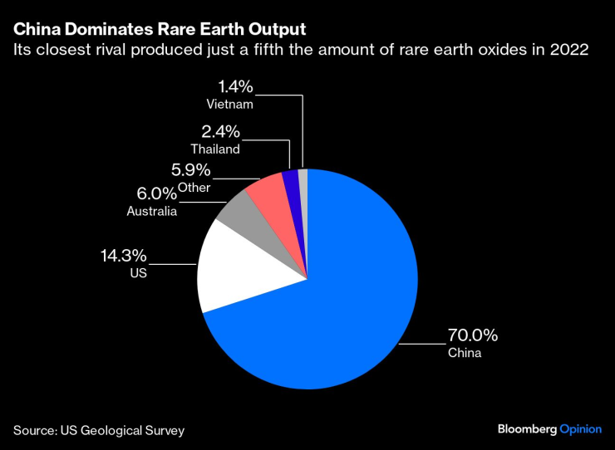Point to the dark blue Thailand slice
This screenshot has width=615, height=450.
tap(290, 179)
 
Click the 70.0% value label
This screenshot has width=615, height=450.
tap(473, 335)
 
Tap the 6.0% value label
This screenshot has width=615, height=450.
tap(156, 193)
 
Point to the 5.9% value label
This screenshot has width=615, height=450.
tap(190, 171)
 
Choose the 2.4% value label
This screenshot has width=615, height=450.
tap(220, 131)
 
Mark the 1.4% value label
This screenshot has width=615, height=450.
tap(234, 86)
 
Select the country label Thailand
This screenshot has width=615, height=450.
tap(214, 149)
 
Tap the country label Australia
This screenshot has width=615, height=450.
tap(151, 212)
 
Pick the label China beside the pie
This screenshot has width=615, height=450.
tap(465, 353)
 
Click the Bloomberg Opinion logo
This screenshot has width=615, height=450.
tap(549, 429)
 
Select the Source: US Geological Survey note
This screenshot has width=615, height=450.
tap(98, 430)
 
